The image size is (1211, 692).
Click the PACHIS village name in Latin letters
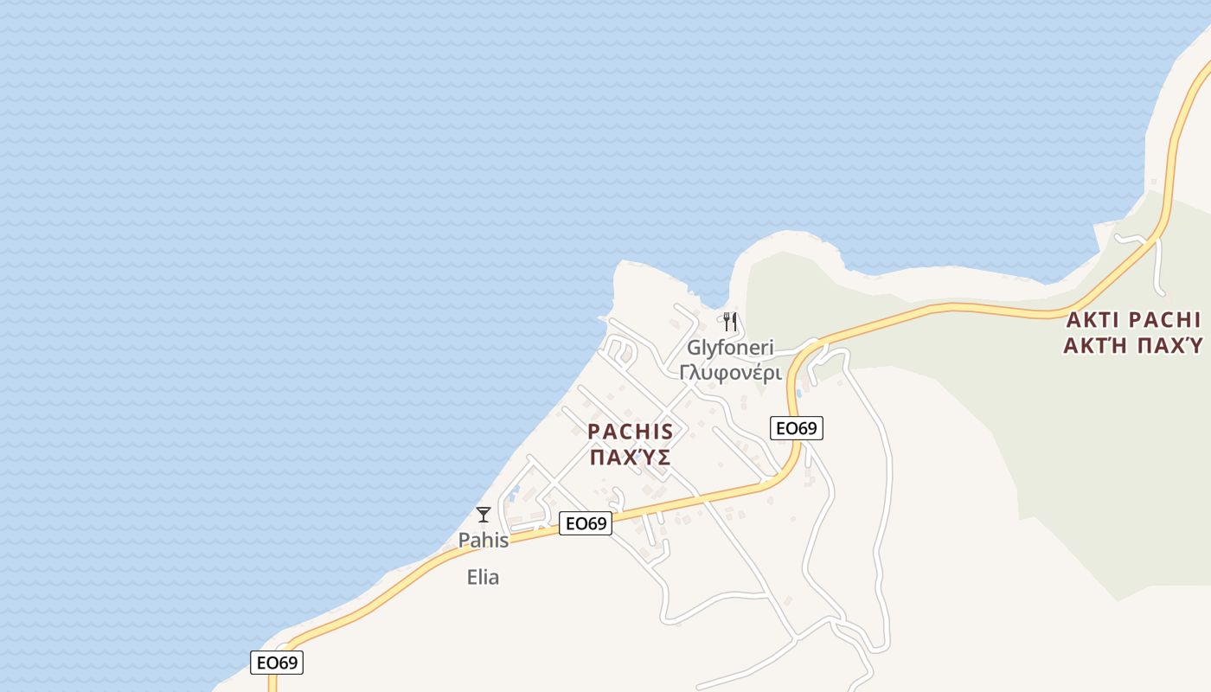(x=630, y=432)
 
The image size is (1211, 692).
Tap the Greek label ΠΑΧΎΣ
(x=630, y=458)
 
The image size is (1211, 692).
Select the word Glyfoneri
(x=730, y=348)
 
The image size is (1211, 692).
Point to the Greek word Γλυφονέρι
(x=730, y=373)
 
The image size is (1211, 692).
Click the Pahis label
(x=484, y=541)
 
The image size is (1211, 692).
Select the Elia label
(x=483, y=577)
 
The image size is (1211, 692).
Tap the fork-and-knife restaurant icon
(x=730, y=322)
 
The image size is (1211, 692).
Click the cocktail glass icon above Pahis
(x=484, y=515)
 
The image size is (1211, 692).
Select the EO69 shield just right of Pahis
(x=586, y=523)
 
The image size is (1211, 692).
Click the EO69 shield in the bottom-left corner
(x=278, y=663)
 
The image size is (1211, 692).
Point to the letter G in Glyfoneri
(x=694, y=348)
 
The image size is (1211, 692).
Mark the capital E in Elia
(x=471, y=577)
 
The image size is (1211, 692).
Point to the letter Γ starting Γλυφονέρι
(x=684, y=373)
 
